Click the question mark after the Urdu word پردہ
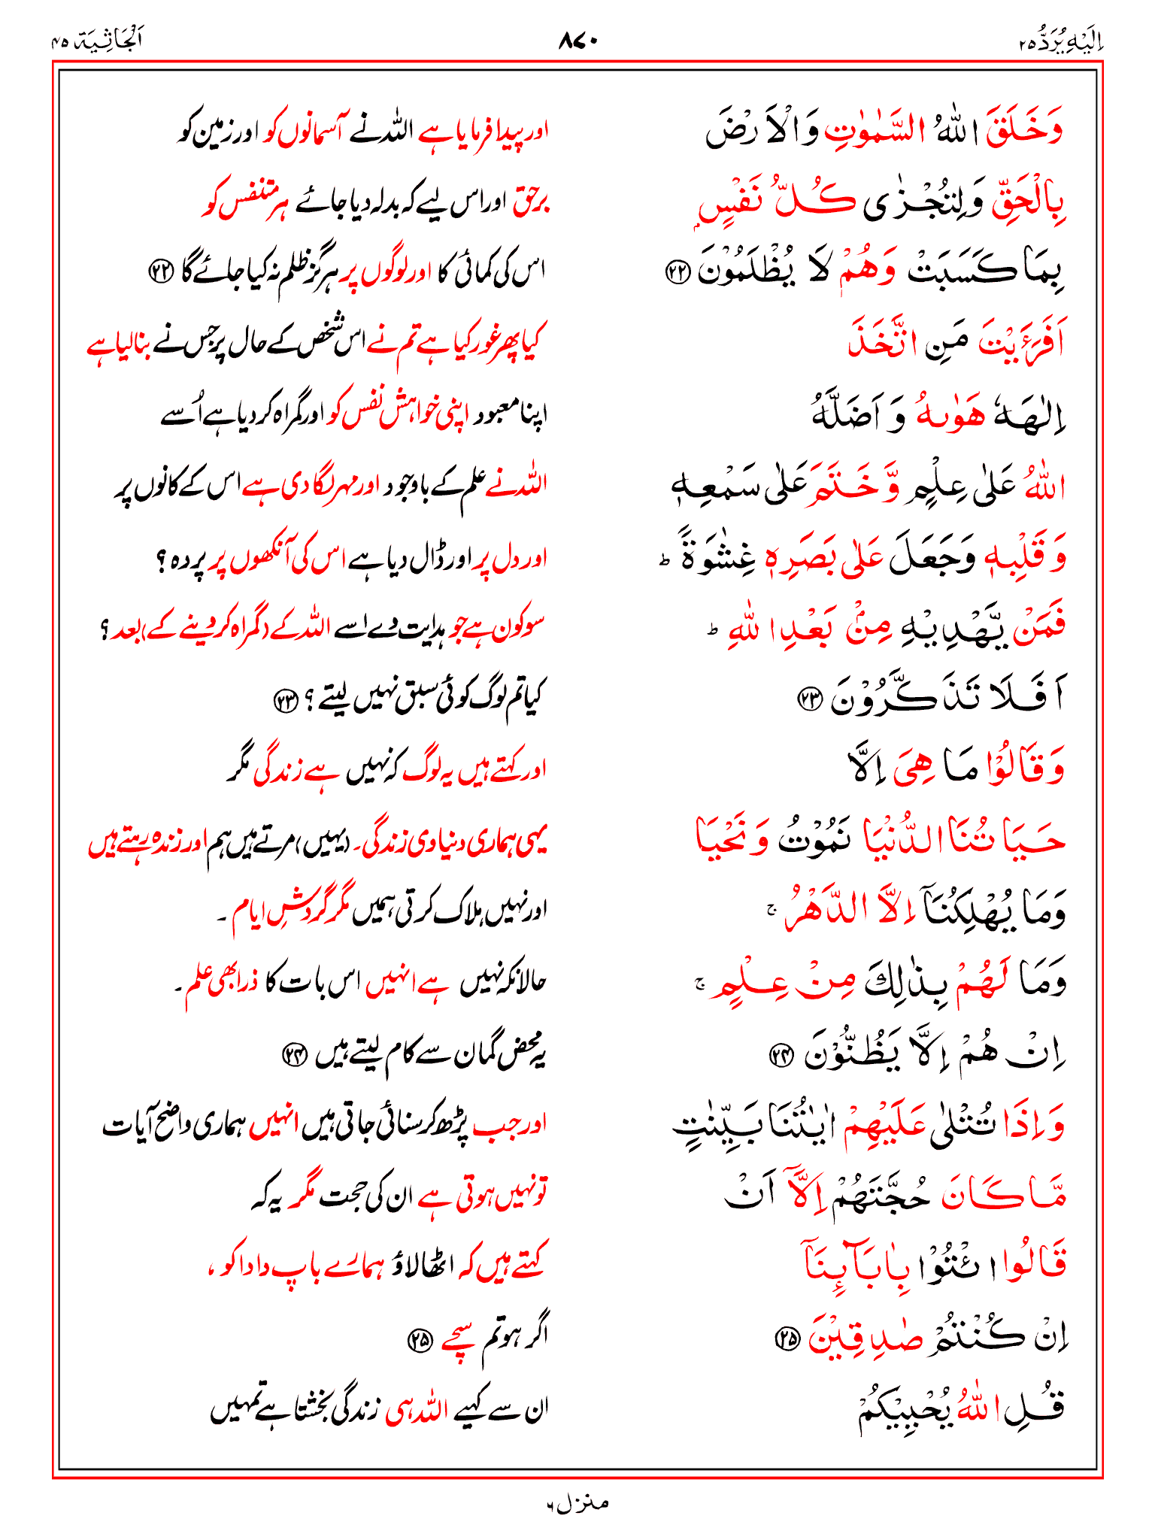161,559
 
